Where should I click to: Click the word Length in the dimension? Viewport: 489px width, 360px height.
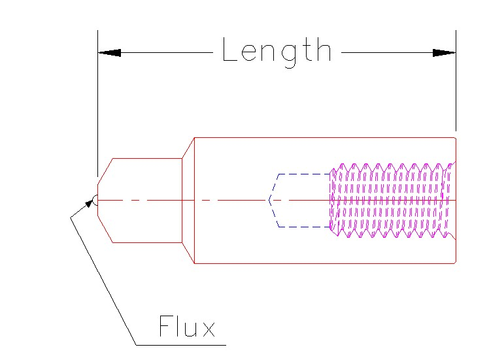(x=277, y=51)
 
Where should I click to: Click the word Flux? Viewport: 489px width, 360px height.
(x=186, y=327)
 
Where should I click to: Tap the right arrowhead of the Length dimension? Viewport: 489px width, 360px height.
(x=444, y=52)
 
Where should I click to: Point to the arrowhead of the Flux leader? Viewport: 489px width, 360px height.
(x=89, y=204)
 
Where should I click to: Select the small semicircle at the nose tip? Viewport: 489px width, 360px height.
(x=95, y=200)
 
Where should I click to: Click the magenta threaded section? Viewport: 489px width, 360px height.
(x=392, y=200)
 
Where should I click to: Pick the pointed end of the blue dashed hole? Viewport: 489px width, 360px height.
(x=269, y=200)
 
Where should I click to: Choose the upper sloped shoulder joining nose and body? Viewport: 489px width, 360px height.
(x=188, y=148)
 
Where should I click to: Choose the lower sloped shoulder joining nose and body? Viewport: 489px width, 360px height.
(x=188, y=253)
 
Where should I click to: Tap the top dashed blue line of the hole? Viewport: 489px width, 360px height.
(x=304, y=174)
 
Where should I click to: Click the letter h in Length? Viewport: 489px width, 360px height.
(x=323, y=50)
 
